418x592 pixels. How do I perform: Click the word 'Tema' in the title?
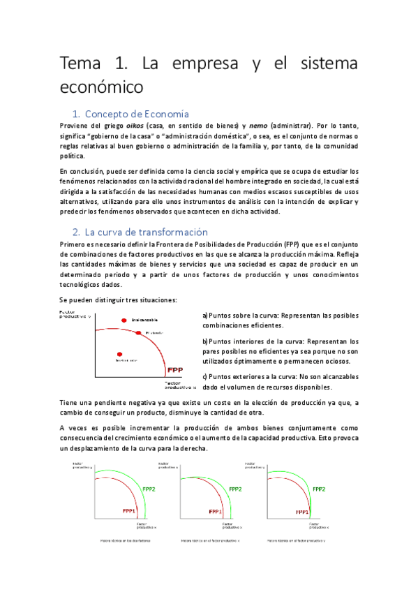[81, 64]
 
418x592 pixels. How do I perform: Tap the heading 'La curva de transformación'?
[147, 232]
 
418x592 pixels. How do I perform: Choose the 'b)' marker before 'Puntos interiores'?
[205, 341]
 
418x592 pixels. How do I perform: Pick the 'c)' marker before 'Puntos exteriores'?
[205, 377]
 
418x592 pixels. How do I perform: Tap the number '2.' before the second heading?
[77, 232]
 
